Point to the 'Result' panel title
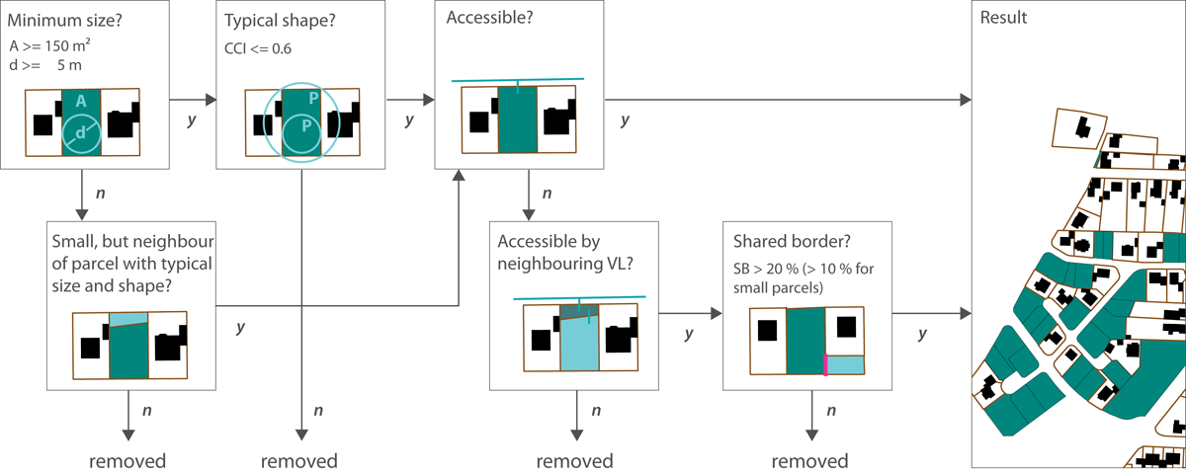1002,18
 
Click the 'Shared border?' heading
783,240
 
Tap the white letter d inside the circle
80,134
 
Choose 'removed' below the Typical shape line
298,461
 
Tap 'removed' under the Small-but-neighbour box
127,461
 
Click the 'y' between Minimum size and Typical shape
191,119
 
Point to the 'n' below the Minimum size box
100,189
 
